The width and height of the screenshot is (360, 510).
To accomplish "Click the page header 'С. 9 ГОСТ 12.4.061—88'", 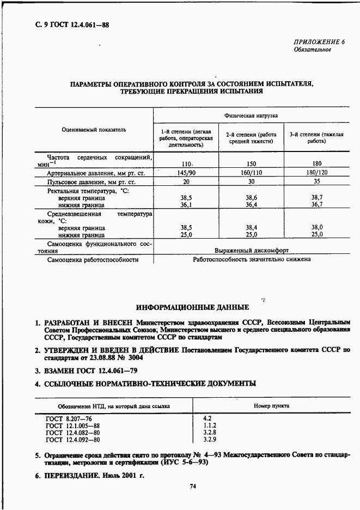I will click(70, 24).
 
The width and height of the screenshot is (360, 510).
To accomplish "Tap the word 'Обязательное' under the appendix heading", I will click(313, 50).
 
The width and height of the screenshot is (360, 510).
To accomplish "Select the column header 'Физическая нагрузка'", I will click(251, 116).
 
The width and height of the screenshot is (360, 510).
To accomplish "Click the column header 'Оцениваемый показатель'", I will click(94, 130).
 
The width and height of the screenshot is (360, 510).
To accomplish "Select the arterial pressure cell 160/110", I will click(251, 173).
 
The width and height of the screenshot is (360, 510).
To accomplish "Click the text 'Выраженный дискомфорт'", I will click(252, 251).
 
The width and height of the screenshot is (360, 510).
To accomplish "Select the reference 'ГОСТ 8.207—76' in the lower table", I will click(68, 418).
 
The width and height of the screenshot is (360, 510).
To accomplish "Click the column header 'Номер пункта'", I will click(272, 406).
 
